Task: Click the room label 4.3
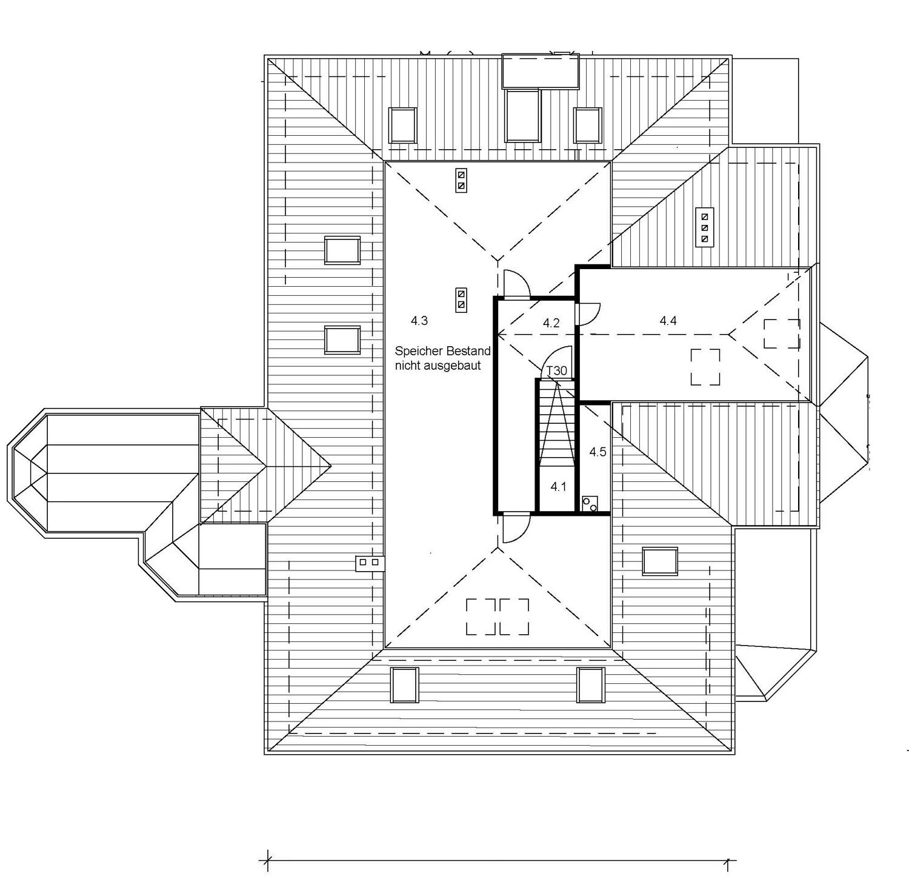pos(419,321)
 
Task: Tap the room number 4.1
pos(558,486)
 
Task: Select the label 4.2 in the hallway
pos(551,323)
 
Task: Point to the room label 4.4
pos(668,321)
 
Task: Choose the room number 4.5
pos(598,452)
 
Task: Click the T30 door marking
pos(557,370)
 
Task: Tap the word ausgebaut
pos(455,366)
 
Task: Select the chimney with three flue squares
pos(704,227)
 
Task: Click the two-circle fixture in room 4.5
pos(590,503)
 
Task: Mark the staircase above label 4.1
pos(556,423)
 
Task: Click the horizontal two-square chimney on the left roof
pos(370,563)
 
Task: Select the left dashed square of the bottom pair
pos(481,617)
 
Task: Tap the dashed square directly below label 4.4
pos(705,367)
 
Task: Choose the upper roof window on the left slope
pos(342,250)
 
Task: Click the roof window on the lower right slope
pos(660,561)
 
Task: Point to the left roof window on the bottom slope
pos(405,685)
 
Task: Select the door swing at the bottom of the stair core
pos(515,529)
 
